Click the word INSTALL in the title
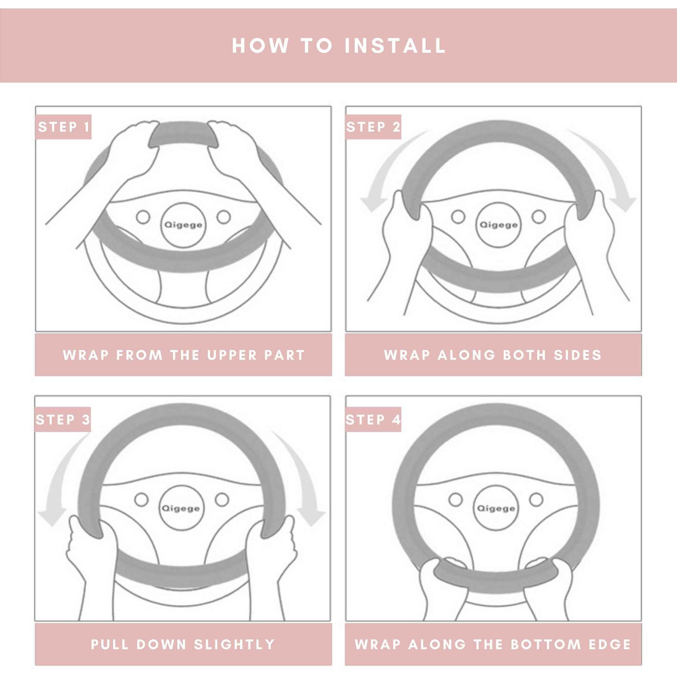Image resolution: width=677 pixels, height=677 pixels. pyautogui.click(x=395, y=46)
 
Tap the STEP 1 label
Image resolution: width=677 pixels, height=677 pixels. pyautogui.click(x=64, y=127)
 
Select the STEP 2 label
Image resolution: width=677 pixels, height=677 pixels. pyautogui.click(x=373, y=127)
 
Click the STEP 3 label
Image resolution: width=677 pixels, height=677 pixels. pyautogui.click(x=63, y=419)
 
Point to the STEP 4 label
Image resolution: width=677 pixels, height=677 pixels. pyautogui.click(x=373, y=419)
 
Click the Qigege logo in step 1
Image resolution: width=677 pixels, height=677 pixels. pyautogui.click(x=183, y=225)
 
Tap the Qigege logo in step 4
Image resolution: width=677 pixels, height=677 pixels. pyautogui.click(x=496, y=508)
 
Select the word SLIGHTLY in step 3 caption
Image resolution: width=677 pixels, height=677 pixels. pyautogui.click(x=234, y=645)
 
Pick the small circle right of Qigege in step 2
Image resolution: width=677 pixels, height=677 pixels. pyautogui.click(x=539, y=217)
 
